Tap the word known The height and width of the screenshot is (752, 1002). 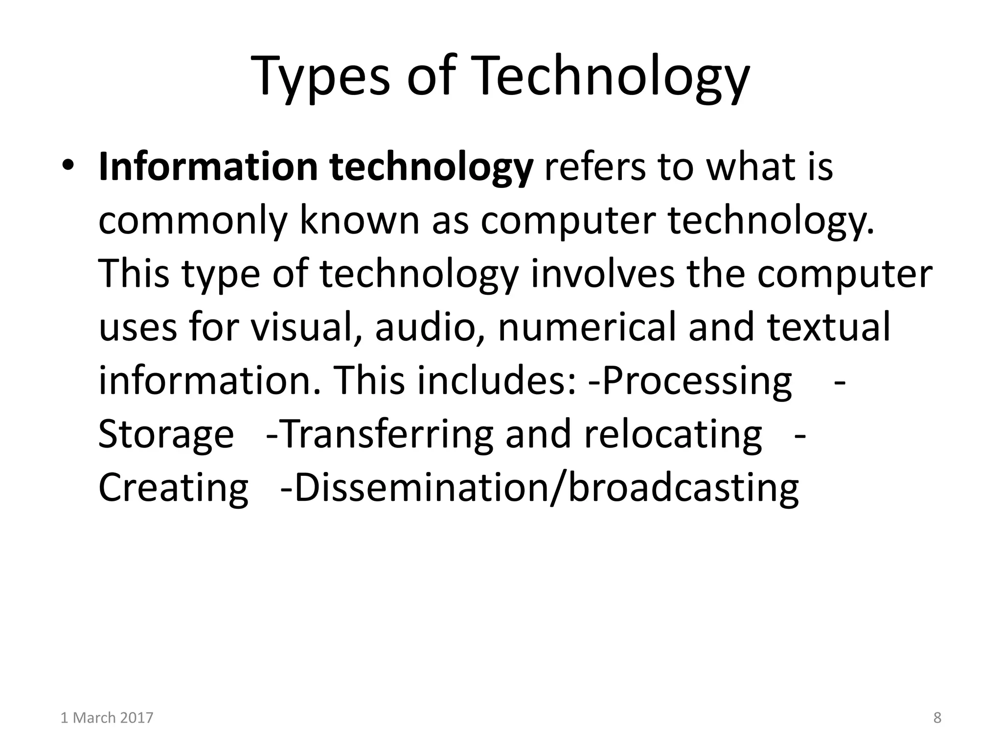point(360,220)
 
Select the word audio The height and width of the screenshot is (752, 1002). point(425,327)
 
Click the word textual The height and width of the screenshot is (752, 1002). point(828,327)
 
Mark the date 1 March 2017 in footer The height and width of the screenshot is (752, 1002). point(107,718)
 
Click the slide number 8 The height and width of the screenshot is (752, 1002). point(937,718)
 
